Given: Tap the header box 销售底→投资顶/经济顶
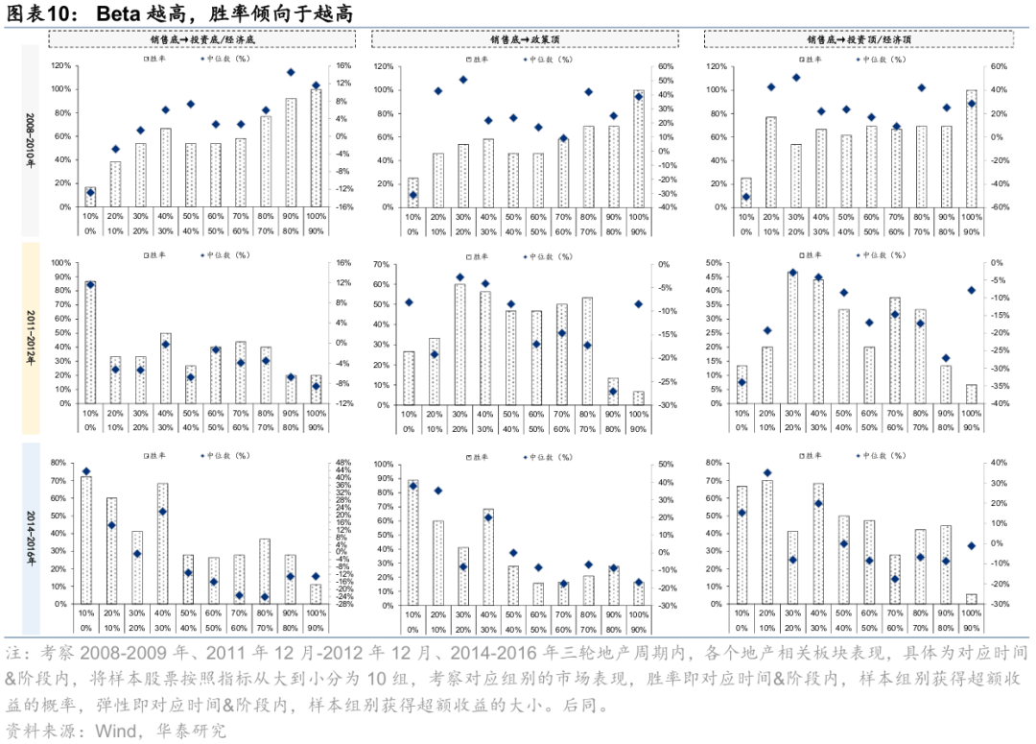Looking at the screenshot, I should tap(859, 39).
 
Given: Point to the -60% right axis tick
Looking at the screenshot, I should tap(997, 206).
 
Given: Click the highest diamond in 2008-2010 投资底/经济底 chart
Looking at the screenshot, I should tap(291, 72).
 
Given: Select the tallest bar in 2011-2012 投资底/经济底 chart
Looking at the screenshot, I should tap(90, 342).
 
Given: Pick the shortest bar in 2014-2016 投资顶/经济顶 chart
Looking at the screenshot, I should tap(971, 599).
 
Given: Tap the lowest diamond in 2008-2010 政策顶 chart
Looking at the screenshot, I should tap(413, 195).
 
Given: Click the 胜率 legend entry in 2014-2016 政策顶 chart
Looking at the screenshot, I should tap(478, 456).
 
